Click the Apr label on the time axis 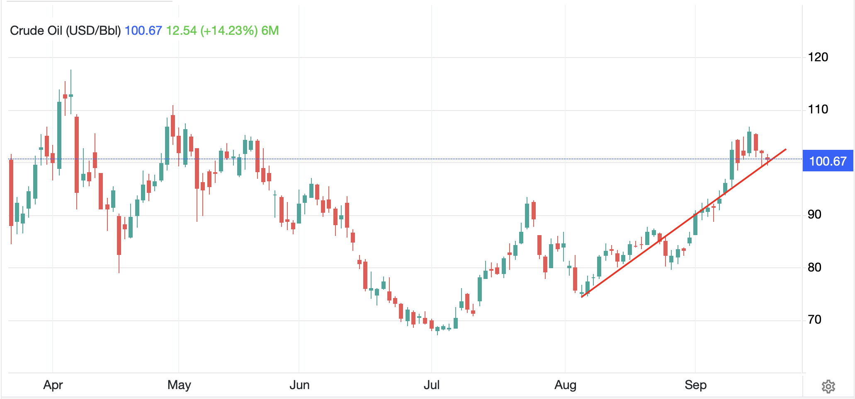pos(53,385)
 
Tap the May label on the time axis pos(179,385)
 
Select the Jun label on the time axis pos(299,385)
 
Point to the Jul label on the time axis pos(432,385)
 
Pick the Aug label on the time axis pos(565,385)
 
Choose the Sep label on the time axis pos(696,385)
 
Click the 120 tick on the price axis pos(818,57)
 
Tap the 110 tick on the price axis pos(818,109)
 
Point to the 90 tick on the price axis pos(815,214)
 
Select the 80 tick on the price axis pos(815,267)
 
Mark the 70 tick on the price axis pos(815,320)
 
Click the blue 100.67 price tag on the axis pos(828,161)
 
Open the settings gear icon pos(828,387)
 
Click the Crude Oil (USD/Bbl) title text pos(66,31)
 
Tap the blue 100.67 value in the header pos(143,31)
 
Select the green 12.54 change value pos(181,31)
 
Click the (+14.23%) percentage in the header pos(229,31)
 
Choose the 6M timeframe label pos(270,31)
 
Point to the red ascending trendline pos(684,223)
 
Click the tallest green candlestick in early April pos(59,135)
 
